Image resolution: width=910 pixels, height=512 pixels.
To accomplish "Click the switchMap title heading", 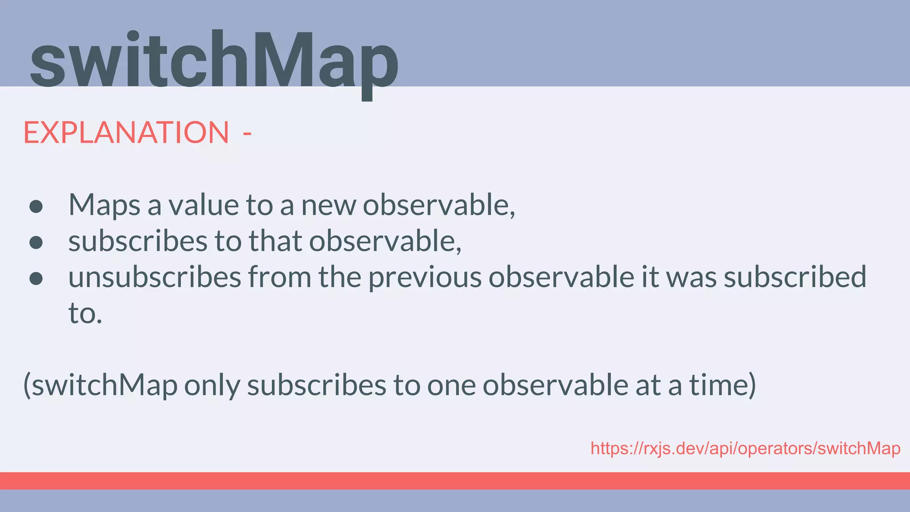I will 213,62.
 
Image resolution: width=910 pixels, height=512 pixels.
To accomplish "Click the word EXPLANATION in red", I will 126,132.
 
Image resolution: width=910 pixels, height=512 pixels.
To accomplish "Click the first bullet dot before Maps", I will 36,206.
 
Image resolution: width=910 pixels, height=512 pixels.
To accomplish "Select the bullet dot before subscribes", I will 36,242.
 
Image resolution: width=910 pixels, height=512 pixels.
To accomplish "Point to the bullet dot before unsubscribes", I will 36,278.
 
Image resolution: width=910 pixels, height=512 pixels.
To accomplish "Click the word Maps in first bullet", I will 104,205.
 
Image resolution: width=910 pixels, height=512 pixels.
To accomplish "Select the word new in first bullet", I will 328,205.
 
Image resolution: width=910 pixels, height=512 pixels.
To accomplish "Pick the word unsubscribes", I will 154,277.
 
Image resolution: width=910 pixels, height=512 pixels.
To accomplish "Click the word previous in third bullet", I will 425,277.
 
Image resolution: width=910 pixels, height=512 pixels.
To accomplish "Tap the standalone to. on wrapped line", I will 85,313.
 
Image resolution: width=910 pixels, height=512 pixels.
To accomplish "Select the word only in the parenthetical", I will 212,385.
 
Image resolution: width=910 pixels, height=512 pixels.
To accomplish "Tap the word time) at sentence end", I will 722,385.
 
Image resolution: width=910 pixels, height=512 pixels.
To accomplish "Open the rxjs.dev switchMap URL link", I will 745,448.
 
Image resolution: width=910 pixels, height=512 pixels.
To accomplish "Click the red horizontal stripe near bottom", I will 455,480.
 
